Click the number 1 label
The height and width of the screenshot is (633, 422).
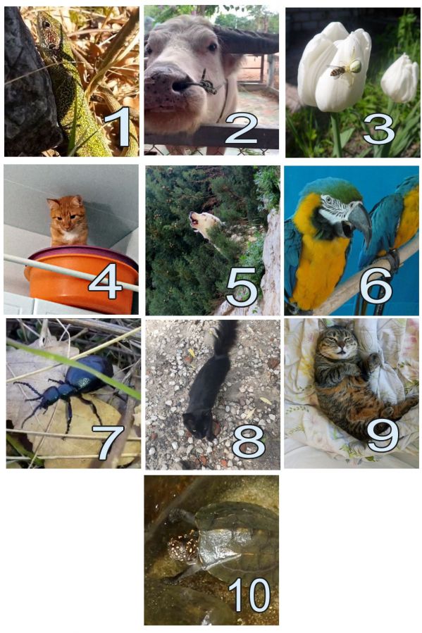117,126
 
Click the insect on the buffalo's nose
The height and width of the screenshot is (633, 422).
208,84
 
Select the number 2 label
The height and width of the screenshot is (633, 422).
241,128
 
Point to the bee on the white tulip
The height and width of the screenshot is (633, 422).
337,71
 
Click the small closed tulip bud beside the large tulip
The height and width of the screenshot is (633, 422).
400,78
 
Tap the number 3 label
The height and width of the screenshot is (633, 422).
379,129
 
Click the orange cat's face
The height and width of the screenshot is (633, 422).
67,213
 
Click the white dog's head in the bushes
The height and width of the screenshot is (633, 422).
204,224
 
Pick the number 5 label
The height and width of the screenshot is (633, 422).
242,287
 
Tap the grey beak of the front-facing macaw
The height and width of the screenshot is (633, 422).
361,221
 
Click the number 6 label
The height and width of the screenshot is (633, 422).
376,286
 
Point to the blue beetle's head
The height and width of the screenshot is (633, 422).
49,396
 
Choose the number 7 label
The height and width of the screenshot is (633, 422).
108,441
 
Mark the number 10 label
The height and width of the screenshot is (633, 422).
249,595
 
